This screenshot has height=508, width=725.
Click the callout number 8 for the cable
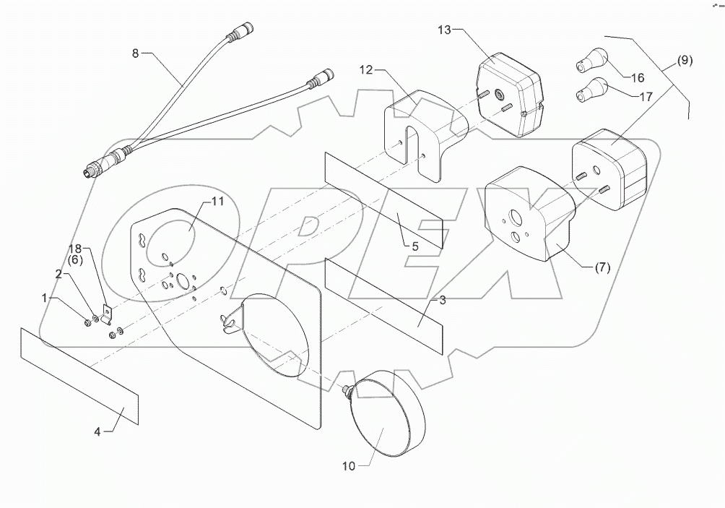[x=136, y=53]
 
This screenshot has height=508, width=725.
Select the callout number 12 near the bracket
[x=366, y=71]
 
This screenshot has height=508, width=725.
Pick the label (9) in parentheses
[x=684, y=61]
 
